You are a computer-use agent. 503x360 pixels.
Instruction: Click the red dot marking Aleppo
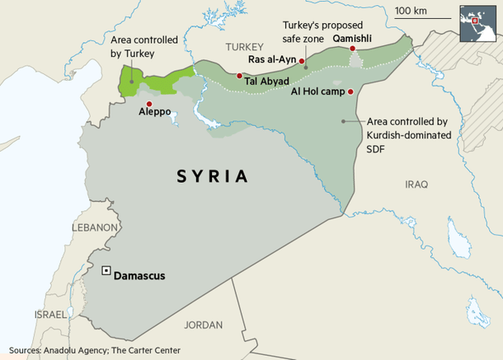(x=148, y=104)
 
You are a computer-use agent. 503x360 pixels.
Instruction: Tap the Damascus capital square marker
(x=105, y=270)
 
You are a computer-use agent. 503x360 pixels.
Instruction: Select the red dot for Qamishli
(x=353, y=49)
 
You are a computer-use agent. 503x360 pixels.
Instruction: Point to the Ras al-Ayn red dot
(x=302, y=61)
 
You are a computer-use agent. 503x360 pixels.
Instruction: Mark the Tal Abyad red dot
(x=239, y=76)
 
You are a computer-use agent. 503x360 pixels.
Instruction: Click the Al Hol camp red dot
(x=350, y=91)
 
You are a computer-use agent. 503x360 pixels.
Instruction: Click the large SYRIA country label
(x=212, y=175)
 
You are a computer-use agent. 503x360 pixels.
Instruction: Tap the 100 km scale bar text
(x=411, y=11)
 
